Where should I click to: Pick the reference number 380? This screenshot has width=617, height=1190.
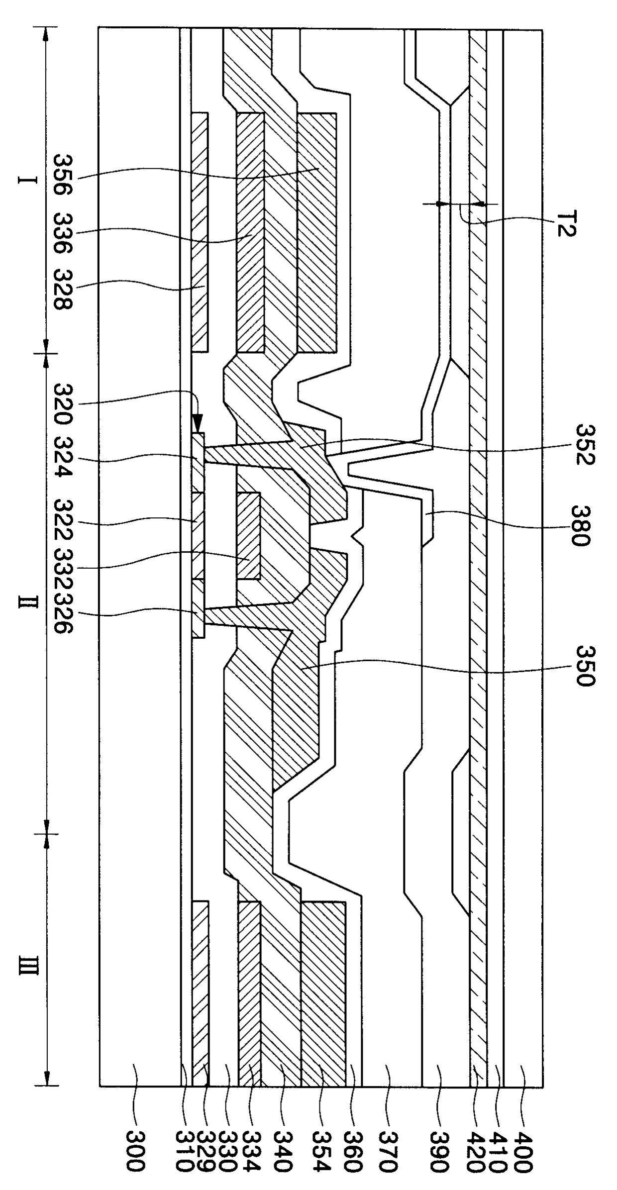click(x=580, y=525)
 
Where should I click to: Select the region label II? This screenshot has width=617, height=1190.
click(x=27, y=602)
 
